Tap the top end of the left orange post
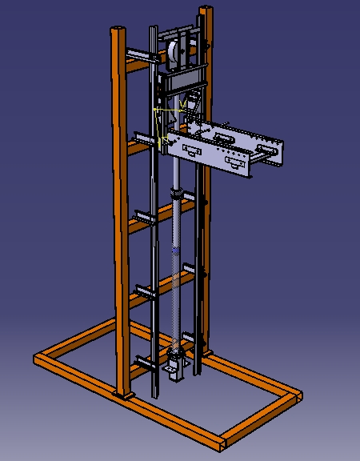click(x=118, y=29)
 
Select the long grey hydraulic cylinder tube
click(x=177, y=264)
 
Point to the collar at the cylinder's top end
click(x=176, y=194)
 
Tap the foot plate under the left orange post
click(x=124, y=395)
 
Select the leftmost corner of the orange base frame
click(x=38, y=359)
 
